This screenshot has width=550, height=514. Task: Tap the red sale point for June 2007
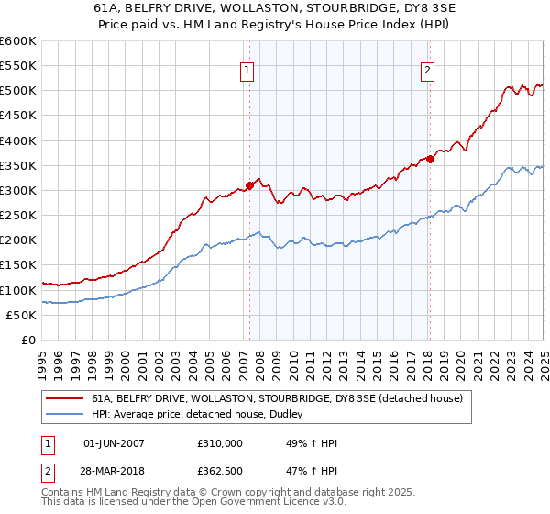(249, 184)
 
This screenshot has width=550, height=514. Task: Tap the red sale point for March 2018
(429, 159)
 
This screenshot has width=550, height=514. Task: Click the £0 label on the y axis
(27, 340)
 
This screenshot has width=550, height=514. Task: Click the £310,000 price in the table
(220, 443)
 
